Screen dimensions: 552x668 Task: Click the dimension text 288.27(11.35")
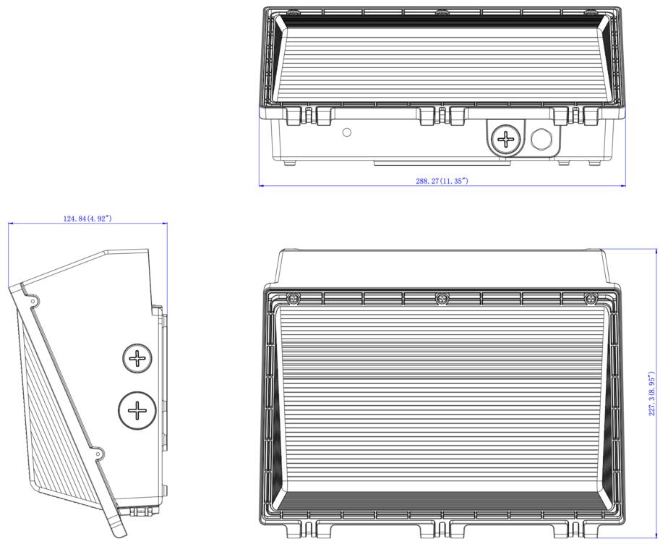441,181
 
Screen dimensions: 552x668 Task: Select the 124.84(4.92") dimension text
87,218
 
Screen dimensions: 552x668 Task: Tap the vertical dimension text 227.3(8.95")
652,394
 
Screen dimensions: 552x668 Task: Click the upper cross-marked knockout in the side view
136,358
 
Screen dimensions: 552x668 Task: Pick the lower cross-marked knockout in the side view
136,411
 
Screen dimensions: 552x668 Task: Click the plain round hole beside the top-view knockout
541,139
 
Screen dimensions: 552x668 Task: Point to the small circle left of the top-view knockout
347,132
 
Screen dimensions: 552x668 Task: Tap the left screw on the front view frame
293,298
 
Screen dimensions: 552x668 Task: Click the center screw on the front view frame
441,298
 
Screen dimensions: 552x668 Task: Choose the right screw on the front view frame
590,298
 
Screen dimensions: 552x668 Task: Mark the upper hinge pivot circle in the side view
32,301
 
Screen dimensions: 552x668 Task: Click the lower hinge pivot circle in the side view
98,454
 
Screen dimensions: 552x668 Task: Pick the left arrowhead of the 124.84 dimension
11,223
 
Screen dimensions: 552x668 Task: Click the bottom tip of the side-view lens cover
120,533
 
